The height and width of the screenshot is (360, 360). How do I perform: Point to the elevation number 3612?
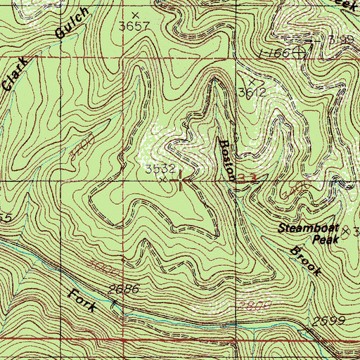click(x=250, y=91)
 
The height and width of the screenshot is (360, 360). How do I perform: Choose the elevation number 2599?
click(x=328, y=321)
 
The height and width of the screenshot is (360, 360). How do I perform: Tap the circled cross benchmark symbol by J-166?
click(x=301, y=51)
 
